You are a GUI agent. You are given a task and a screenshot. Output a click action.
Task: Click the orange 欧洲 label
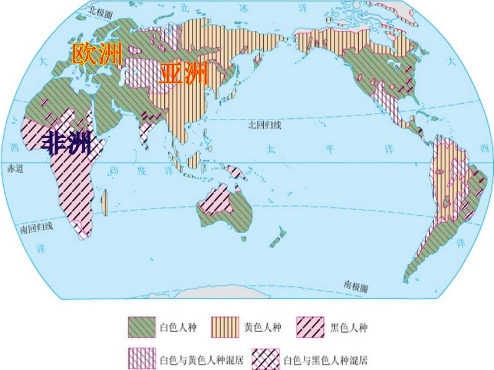[97, 54]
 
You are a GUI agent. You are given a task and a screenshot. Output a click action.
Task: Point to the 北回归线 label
[265, 125]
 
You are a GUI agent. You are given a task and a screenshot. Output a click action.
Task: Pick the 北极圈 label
[101, 11]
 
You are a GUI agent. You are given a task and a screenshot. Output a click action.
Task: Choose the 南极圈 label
[355, 286]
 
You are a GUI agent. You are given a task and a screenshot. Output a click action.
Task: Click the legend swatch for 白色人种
[142, 328]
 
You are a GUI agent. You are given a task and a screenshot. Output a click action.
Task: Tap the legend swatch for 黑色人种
[310, 328]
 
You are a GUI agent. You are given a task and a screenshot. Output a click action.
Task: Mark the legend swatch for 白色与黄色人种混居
[142, 359]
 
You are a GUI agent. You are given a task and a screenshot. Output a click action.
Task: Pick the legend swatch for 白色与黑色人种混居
[266, 359]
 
